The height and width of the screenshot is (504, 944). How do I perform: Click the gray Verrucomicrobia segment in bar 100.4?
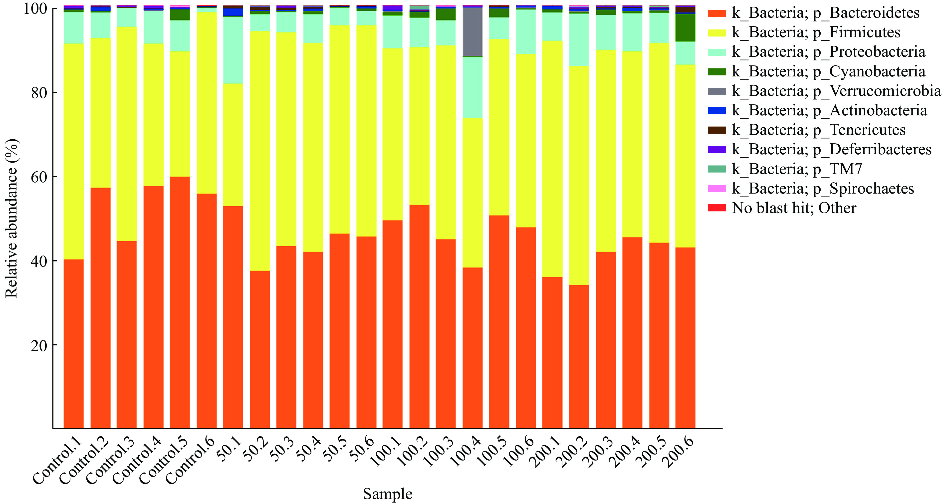pos(472,32)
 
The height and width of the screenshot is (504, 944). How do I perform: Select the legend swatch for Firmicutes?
pos(716,33)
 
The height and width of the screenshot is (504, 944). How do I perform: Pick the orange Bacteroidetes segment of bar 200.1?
pos(552,352)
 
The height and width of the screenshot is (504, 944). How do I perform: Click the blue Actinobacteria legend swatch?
pos(716,111)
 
